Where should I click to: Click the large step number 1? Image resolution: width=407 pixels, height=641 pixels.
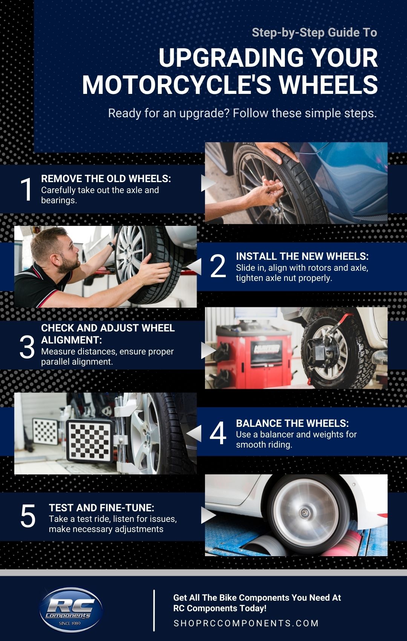click(26, 189)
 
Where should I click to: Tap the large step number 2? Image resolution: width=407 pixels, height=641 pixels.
click(218, 266)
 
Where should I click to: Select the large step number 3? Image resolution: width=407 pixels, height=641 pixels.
click(27, 347)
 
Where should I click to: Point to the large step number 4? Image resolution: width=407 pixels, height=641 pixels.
click(218, 433)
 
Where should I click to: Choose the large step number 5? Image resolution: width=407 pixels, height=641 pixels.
click(28, 516)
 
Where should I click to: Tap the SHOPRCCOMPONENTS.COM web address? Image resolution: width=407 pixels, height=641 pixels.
click(246, 623)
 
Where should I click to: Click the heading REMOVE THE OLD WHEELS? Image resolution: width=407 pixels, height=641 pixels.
click(106, 178)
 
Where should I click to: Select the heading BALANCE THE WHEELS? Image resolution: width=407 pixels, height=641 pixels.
click(292, 423)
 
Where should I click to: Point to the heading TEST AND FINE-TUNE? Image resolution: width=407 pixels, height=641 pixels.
click(101, 508)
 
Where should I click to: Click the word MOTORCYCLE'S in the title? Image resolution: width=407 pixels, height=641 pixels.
click(177, 85)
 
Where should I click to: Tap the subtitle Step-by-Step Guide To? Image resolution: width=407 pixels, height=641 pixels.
click(314, 32)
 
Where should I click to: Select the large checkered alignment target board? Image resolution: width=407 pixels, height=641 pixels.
click(90, 440)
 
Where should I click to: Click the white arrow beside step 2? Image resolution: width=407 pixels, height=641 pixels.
click(194, 266)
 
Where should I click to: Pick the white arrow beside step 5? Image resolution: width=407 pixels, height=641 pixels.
click(208, 515)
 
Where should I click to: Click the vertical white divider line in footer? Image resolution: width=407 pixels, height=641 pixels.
click(154, 610)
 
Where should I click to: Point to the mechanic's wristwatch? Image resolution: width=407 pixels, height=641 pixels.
click(111, 246)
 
